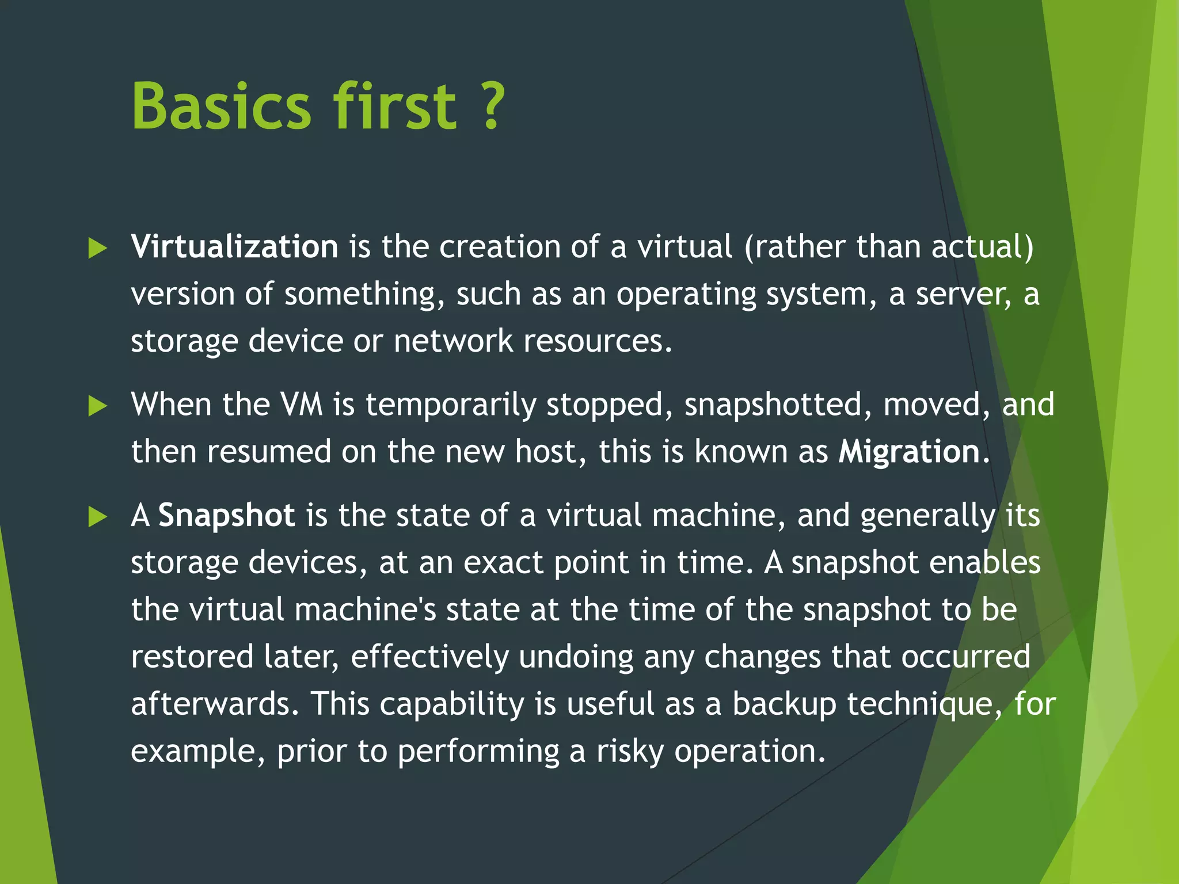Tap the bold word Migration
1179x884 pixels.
pos(909,451)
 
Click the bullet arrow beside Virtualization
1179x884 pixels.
pos(98,249)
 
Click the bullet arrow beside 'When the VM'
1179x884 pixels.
pos(98,406)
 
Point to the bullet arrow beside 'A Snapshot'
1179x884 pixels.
pos(98,517)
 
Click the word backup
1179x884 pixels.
pos(784,704)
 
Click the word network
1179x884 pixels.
pos(453,341)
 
